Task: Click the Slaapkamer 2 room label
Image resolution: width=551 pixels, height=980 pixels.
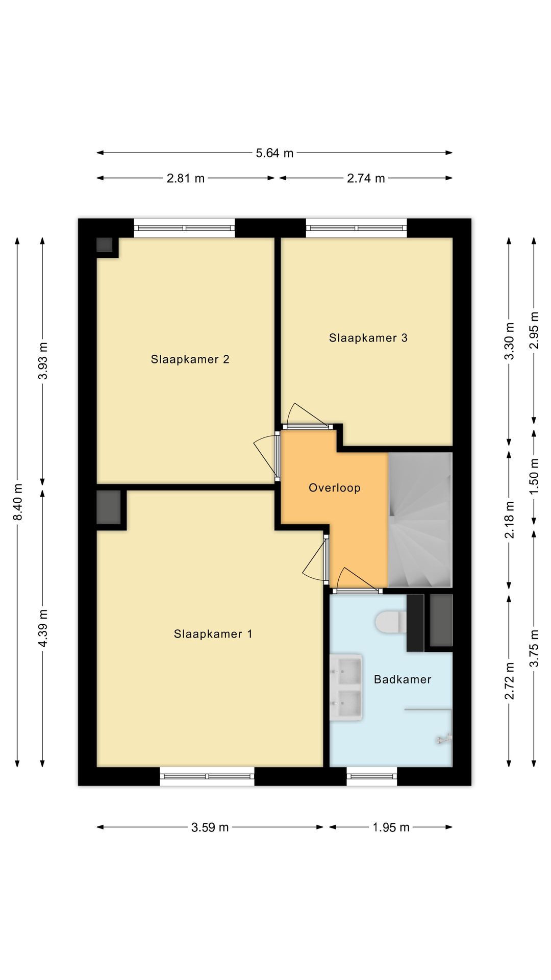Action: click(190, 359)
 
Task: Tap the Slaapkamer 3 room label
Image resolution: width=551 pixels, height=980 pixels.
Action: click(368, 338)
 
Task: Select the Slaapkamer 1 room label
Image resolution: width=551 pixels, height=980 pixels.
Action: click(213, 634)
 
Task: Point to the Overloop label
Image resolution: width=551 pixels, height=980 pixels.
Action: click(335, 488)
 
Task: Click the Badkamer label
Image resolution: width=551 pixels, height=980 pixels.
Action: click(403, 679)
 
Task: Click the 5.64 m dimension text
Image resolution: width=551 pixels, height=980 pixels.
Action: click(274, 153)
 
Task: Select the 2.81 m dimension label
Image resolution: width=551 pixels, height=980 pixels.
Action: click(186, 178)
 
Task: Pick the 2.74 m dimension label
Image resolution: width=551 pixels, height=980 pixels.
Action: click(366, 178)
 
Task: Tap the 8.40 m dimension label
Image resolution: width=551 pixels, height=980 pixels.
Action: click(18, 502)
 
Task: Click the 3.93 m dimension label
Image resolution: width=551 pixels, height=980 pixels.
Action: click(43, 361)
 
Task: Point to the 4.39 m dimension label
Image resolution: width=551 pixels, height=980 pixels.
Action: click(43, 628)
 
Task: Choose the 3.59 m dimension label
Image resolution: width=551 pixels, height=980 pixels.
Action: click(210, 827)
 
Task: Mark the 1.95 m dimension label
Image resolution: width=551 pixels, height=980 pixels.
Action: click(391, 827)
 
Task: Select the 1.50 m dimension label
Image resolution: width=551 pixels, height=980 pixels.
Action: click(534, 476)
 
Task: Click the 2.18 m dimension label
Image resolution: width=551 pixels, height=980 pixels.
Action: click(509, 520)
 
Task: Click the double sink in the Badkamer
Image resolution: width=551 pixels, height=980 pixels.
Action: click(346, 688)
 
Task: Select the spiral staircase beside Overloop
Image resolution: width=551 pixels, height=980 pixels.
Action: click(420, 520)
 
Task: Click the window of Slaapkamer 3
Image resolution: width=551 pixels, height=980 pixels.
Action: click(357, 228)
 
